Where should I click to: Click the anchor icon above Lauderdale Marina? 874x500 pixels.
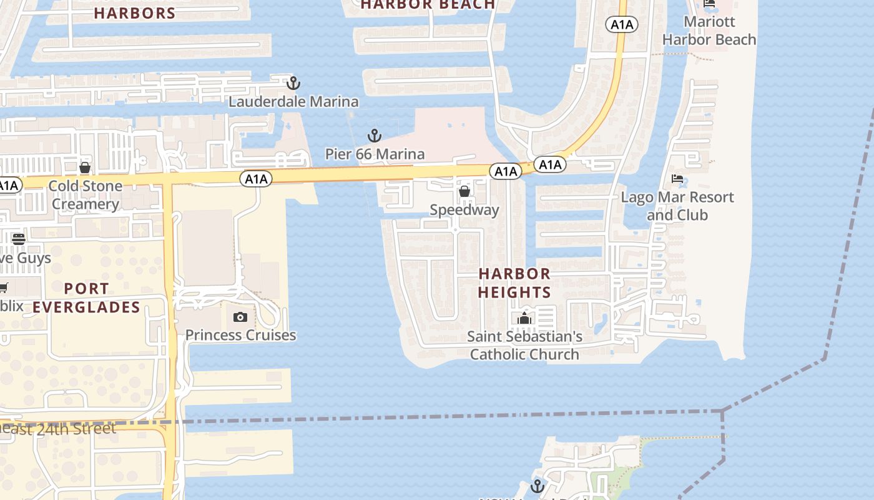point(293,82)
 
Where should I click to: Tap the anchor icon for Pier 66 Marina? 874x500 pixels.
point(374,135)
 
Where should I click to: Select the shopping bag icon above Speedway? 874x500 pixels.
point(464,191)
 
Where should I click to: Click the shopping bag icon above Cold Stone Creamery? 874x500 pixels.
point(85,167)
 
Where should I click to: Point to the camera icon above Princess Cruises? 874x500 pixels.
point(240,317)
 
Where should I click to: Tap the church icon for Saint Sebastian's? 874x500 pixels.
point(524,319)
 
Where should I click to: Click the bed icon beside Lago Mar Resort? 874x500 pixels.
point(677,179)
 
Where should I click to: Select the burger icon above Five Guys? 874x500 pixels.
point(19,239)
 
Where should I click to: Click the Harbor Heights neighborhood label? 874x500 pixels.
point(514,282)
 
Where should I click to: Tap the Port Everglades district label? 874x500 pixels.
point(86,297)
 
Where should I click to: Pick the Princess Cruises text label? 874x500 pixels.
point(240,335)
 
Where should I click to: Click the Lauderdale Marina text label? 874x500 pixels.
point(293,101)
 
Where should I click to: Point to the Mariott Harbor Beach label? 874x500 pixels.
point(709,31)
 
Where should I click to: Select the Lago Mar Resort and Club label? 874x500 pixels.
point(677,206)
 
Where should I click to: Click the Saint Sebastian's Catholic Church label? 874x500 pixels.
point(524,346)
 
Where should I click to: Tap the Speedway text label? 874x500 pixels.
point(464,210)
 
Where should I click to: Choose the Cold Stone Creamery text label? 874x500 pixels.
point(85,195)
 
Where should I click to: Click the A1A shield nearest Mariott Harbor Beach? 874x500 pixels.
point(621,24)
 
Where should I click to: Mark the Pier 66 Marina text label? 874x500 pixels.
point(375,154)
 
